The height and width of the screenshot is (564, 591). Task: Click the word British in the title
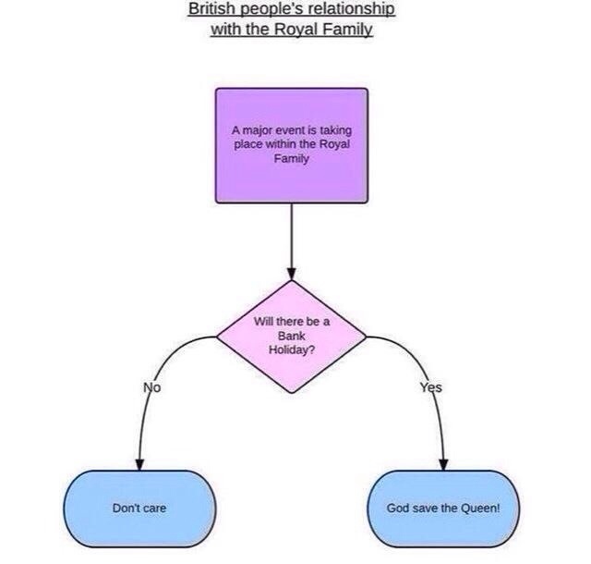211,9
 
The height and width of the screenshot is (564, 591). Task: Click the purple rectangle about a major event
292,145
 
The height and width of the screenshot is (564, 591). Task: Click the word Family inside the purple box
292,158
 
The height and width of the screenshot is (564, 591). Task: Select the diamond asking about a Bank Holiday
292,336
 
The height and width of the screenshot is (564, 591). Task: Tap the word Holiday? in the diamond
292,349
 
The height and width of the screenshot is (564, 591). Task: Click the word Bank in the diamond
292,336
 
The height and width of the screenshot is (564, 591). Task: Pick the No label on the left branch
152,387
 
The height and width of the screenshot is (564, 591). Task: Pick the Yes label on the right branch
431,387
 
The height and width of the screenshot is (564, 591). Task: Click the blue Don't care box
139,509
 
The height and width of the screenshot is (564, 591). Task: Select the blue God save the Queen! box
444,509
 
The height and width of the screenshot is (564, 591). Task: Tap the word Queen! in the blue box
478,509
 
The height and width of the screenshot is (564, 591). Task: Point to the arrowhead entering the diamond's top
292,274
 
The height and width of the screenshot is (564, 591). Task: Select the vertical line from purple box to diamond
292,236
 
